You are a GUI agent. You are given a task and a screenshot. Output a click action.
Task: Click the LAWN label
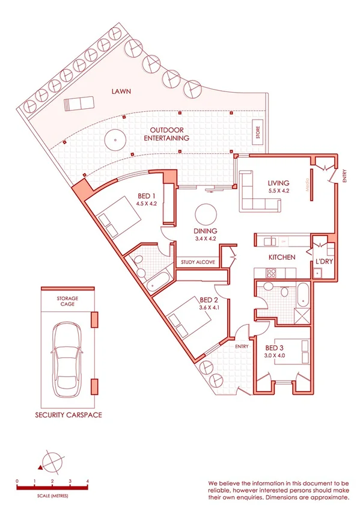(121, 92)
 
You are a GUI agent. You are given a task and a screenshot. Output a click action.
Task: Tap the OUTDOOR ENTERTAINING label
(166, 134)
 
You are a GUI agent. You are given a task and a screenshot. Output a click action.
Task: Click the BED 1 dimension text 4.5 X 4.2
(146, 204)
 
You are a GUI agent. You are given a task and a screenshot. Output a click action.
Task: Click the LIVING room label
(279, 183)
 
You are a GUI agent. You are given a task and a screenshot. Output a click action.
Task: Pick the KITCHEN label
(281, 257)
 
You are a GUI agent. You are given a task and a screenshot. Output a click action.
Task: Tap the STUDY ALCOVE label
(199, 262)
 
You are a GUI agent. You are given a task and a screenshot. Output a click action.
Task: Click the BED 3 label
(276, 348)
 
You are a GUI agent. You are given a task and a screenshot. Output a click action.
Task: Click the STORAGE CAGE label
(67, 301)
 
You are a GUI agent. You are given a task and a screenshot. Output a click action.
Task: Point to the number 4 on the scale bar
(88, 481)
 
